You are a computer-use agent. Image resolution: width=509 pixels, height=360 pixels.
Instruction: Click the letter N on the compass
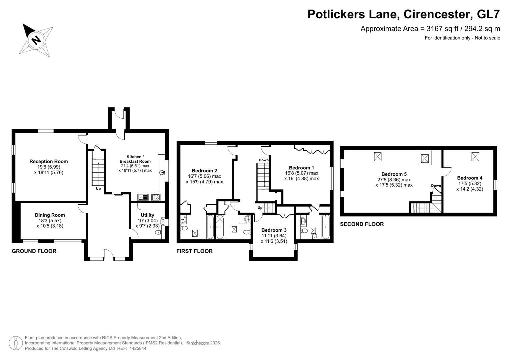[36, 40]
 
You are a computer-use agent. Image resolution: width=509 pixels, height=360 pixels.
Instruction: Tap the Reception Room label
[49, 161]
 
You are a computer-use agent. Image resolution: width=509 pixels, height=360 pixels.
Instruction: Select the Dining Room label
[50, 215]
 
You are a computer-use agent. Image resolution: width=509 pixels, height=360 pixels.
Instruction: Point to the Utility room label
[147, 215]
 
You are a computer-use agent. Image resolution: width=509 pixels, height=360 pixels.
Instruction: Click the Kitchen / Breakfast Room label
[135, 159]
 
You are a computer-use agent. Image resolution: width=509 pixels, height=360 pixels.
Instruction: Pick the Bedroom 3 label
[274, 230]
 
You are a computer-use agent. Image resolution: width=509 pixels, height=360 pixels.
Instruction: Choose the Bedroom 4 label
[470, 178]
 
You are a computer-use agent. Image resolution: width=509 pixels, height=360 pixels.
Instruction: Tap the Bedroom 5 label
[394, 174]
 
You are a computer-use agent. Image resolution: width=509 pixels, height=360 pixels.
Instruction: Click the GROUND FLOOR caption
[34, 251]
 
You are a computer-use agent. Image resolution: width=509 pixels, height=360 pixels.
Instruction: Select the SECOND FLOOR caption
[362, 224]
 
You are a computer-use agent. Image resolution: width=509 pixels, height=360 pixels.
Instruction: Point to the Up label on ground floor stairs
[98, 189]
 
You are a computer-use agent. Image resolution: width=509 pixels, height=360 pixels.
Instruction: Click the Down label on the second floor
[436, 185]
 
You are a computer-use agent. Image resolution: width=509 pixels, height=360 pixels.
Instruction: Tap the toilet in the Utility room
[158, 232]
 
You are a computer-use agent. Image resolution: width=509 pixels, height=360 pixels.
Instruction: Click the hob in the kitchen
[156, 197]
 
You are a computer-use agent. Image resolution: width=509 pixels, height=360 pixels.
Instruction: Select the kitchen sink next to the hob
[143, 197]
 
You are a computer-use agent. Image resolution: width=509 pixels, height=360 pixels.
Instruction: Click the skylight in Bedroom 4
[475, 157]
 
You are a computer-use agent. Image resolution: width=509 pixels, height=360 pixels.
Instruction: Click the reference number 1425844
[138, 348]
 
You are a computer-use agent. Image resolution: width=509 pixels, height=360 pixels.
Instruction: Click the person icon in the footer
[16, 343]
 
